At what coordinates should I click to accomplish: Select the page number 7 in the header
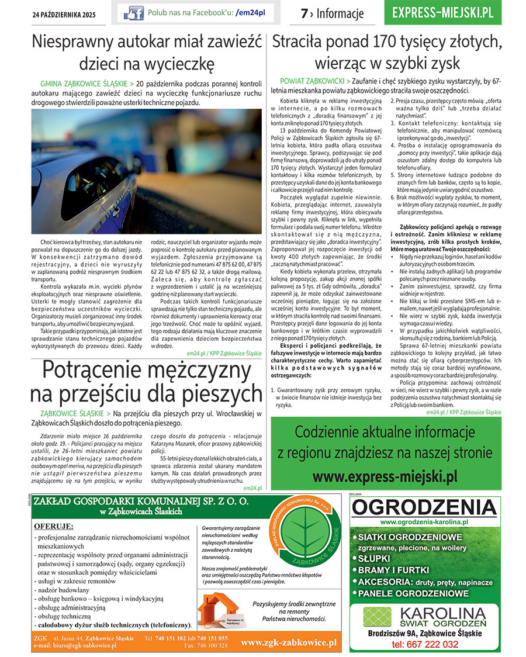(304, 13)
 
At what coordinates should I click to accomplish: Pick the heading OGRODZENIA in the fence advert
(425, 507)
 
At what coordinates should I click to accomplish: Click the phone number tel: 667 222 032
(424, 644)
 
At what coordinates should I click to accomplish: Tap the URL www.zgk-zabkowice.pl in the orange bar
(289, 643)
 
